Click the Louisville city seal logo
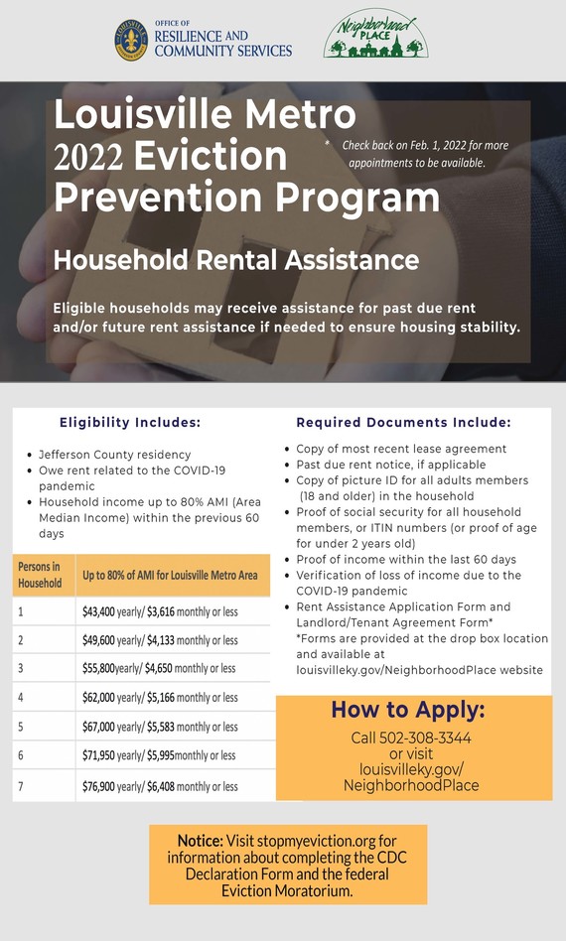[x=131, y=40]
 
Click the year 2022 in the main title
[x=88, y=157]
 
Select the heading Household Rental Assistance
[x=236, y=260]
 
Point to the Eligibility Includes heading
[x=130, y=422]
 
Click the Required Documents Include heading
[x=403, y=422]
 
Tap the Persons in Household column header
[x=40, y=574]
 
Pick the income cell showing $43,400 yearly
[x=160, y=612]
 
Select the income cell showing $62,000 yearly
[x=160, y=698]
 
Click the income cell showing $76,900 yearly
[x=160, y=786]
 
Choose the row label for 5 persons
[x=21, y=727]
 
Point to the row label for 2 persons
[x=21, y=641]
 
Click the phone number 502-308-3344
[x=411, y=738]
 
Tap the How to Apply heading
[x=408, y=710]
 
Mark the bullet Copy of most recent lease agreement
[x=401, y=449]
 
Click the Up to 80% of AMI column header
[x=170, y=575]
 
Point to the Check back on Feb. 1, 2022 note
[x=425, y=153]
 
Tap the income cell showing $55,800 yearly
[x=159, y=669]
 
